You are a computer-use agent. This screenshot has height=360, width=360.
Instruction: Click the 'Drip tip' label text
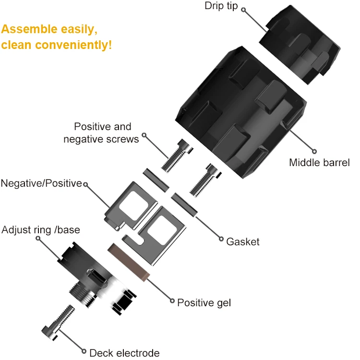pos(221,6)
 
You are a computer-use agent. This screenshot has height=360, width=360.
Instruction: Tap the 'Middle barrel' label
pos(319,163)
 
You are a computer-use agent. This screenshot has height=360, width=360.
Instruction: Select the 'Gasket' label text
pos(243,242)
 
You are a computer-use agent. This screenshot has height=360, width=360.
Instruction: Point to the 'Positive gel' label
pos(204,303)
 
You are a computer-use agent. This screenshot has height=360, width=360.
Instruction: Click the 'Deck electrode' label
pos(124,353)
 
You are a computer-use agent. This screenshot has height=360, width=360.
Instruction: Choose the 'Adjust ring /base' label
pos(41,230)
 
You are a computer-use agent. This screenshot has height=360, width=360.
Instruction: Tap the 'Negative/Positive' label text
pos(41,183)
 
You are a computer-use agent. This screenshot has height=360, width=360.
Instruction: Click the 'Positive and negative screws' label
pos(101,132)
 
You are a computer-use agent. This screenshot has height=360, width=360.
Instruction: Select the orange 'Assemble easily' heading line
pos(49,29)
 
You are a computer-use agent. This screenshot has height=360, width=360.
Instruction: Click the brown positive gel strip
pos(129,262)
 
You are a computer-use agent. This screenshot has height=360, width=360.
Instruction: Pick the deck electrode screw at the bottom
pos(58,323)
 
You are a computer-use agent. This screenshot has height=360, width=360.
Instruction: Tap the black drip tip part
pos(300,44)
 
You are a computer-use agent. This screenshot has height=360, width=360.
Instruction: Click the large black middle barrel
pos(241,112)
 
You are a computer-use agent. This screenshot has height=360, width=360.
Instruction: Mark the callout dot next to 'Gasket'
pos(221,239)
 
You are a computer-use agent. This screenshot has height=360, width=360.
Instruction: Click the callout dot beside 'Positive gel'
pos(172,300)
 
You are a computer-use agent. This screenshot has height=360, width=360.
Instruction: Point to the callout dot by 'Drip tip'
pos(243,10)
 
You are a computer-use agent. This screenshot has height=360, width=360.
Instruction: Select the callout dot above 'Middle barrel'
pos(314,151)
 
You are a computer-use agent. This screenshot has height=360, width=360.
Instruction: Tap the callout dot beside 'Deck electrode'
pos(84,351)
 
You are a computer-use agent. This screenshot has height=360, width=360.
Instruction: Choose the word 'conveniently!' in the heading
pos(73,45)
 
